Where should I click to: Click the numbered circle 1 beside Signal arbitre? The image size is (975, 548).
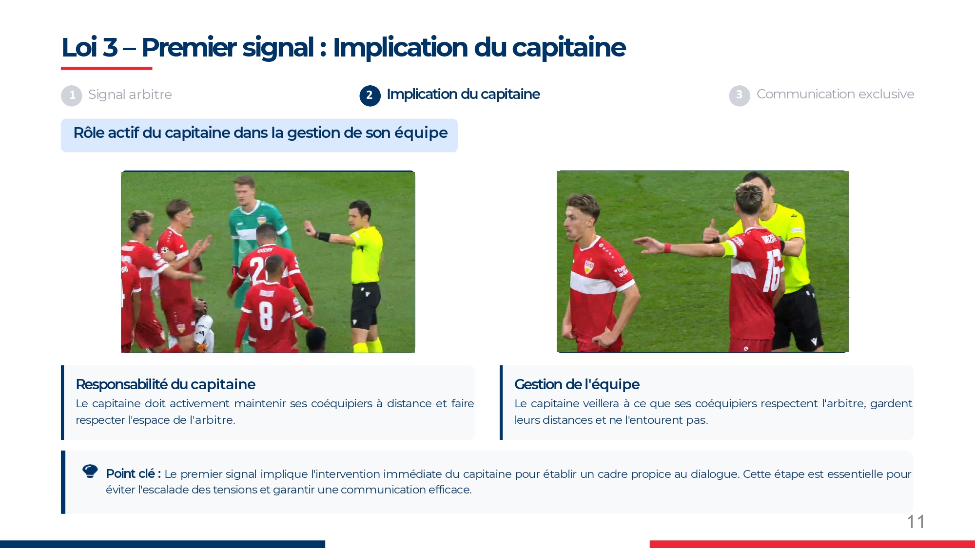[72, 95]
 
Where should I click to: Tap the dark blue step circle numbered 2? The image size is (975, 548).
[370, 95]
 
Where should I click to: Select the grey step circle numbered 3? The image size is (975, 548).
[739, 95]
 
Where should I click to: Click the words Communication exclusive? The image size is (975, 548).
[835, 94]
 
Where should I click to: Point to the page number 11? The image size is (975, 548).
[916, 522]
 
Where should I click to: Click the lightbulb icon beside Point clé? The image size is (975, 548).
[90, 471]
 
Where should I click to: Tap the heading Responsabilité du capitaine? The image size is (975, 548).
[165, 384]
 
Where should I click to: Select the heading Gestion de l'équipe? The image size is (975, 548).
[577, 384]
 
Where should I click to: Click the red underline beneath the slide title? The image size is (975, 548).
[107, 68]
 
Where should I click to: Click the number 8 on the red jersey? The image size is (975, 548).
[266, 316]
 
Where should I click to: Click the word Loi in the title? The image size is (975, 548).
[79, 48]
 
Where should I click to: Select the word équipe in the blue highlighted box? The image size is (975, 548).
[421, 133]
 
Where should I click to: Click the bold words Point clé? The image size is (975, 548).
[133, 473]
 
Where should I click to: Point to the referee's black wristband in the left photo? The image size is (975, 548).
[323, 237]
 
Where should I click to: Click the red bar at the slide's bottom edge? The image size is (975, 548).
[812, 544]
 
